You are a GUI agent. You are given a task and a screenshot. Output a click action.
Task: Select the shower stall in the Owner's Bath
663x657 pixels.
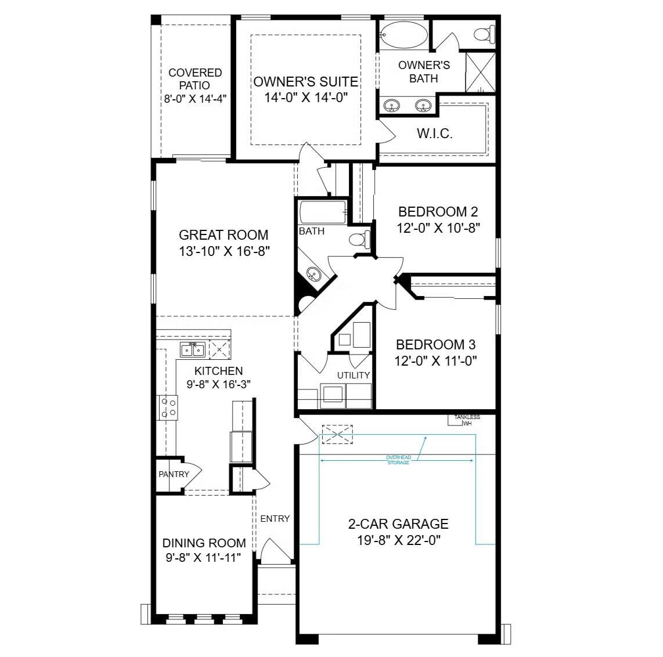coord(481,71)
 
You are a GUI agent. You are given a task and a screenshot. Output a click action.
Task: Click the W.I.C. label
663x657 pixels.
coord(434,134)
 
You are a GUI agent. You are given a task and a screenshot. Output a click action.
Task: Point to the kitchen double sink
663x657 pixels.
coord(192,350)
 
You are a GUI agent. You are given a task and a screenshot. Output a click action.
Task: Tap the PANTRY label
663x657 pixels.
coord(174,474)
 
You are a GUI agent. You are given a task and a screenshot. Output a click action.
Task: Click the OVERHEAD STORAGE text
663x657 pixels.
coord(398,460)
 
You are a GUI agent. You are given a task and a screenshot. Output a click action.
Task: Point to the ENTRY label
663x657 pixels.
coord(275,518)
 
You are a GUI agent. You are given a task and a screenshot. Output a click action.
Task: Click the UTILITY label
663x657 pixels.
coord(353,375)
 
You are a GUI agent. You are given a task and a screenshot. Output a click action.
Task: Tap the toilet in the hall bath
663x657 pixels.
coord(360,239)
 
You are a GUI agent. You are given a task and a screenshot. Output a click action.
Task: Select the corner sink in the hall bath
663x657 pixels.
coord(314,274)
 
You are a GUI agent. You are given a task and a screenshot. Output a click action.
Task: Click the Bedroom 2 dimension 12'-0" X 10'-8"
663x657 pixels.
coord(438,228)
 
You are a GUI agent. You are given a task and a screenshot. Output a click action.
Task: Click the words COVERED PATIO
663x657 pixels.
coord(195,79)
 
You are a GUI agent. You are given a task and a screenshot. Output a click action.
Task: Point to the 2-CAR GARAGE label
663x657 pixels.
coord(398,524)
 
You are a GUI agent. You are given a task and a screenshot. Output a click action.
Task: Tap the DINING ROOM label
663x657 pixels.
coord(204,543)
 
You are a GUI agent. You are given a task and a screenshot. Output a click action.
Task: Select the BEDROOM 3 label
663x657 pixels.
coord(435,345)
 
